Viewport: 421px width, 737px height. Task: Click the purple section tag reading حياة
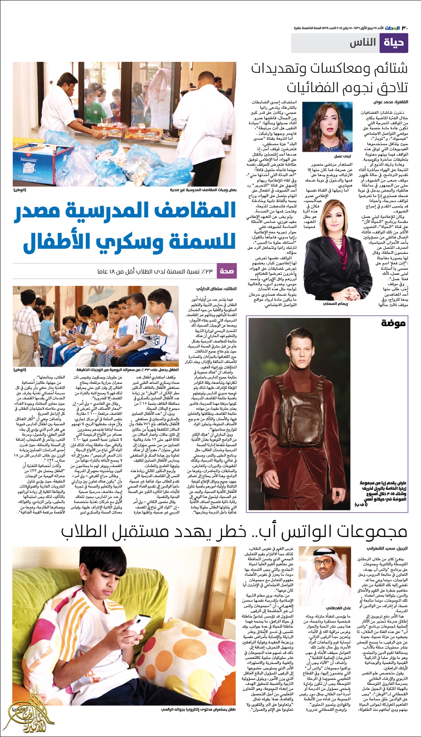pos(394,43)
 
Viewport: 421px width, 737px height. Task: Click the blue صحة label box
pos(226,271)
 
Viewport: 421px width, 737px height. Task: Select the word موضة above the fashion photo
pos(393,324)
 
